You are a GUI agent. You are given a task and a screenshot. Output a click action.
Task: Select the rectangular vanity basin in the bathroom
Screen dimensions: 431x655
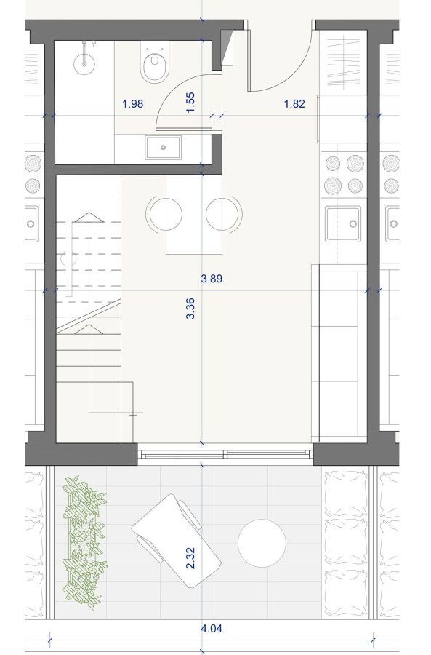[x=163, y=147]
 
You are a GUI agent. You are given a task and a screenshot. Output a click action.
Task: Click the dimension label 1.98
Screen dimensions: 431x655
[x=133, y=103]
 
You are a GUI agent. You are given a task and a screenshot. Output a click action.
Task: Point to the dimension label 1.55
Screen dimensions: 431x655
[x=190, y=103]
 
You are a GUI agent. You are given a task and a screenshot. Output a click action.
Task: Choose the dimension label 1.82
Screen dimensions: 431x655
[x=294, y=103]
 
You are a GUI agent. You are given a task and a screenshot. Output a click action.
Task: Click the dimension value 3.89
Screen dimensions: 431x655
[x=212, y=278]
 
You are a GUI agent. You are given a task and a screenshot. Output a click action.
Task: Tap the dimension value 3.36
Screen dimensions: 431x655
[x=190, y=309]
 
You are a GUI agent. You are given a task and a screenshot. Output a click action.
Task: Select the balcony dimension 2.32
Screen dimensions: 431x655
[x=190, y=558]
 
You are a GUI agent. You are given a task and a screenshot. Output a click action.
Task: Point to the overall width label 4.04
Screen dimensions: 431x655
[x=212, y=628]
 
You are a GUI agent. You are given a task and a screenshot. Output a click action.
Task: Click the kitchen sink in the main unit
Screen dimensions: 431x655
[x=343, y=224]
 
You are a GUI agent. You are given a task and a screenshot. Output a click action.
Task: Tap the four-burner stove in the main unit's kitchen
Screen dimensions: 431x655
[x=344, y=174]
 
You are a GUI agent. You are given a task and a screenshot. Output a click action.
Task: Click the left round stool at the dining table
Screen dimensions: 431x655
[x=164, y=213]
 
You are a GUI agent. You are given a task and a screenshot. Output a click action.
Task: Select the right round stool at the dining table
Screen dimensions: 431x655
[x=224, y=213]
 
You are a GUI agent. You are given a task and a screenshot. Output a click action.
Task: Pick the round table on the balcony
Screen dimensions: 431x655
[x=262, y=543]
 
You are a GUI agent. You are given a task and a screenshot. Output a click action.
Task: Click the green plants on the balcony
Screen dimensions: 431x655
[x=84, y=539]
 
